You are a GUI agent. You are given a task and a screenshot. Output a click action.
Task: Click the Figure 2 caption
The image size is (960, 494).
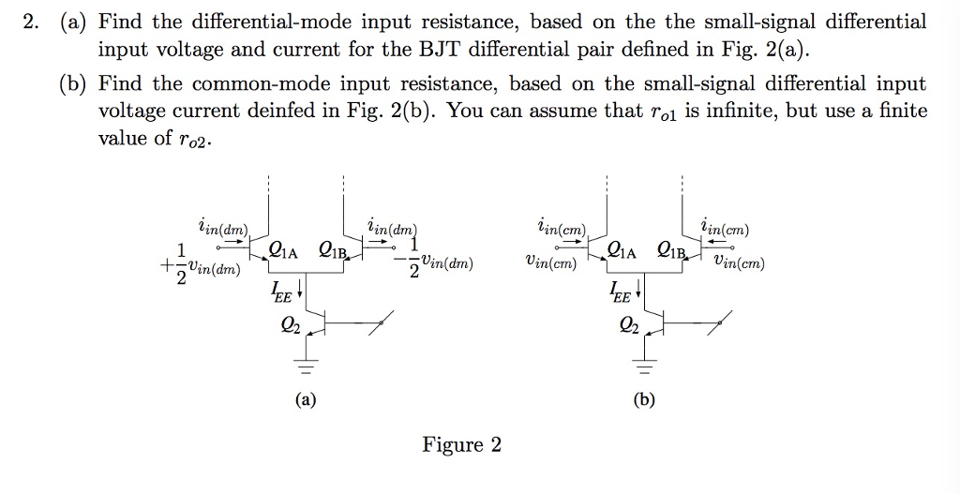[461, 444]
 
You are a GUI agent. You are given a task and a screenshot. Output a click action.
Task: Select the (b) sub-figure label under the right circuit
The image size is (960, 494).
[644, 399]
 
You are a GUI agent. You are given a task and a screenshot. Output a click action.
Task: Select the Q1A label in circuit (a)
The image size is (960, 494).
[283, 250]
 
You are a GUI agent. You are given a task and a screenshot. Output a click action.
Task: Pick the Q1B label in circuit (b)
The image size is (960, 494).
[671, 250]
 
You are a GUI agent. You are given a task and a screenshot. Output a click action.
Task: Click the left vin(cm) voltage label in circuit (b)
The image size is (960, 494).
[551, 263]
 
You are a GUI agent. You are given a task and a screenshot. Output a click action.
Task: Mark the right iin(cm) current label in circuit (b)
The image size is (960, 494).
[725, 228]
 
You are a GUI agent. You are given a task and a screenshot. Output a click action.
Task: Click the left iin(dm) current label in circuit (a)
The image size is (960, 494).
[222, 228]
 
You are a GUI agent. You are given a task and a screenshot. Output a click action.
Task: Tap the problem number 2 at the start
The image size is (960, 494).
[31, 21]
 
